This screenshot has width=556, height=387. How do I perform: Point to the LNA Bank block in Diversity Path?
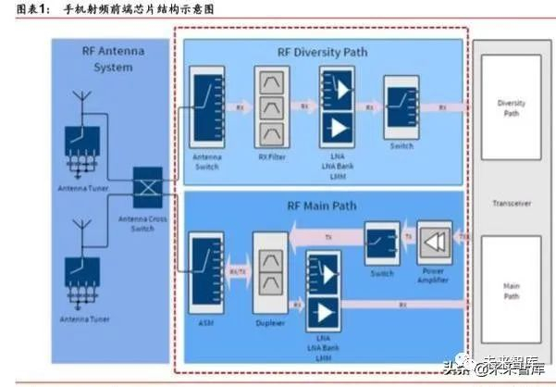pos(336,107)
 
